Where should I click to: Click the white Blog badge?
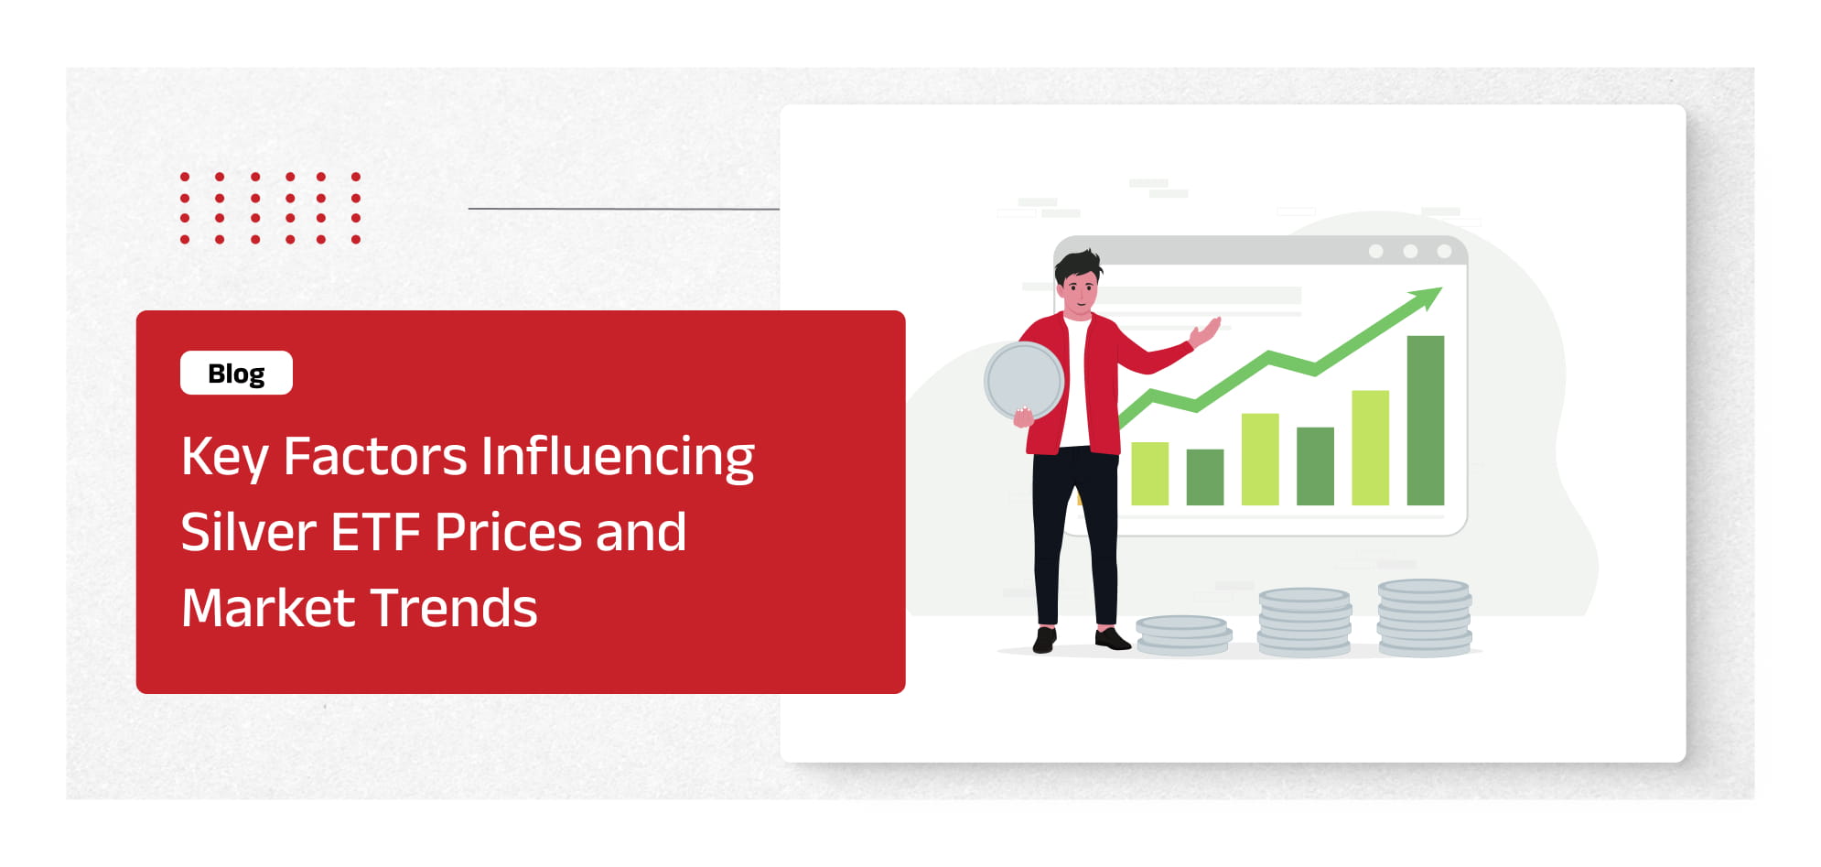[x=236, y=373]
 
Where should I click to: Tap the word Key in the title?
[x=224, y=457]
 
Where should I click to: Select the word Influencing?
[x=618, y=457]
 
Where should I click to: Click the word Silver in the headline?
[x=249, y=532]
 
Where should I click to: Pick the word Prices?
[x=509, y=532]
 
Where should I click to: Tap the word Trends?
[x=454, y=608]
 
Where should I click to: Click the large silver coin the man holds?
[x=1024, y=381]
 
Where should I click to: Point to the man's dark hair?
[x=1077, y=266]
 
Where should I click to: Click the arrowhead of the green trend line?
[x=1427, y=297]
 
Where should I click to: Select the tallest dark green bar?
[x=1426, y=420]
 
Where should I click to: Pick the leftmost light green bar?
[x=1150, y=473]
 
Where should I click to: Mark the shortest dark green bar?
[x=1205, y=477]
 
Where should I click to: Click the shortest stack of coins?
[x=1183, y=634]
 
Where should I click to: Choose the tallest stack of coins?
[x=1425, y=618]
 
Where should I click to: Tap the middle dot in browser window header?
[x=1410, y=251]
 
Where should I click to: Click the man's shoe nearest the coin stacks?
[x=1112, y=639]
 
